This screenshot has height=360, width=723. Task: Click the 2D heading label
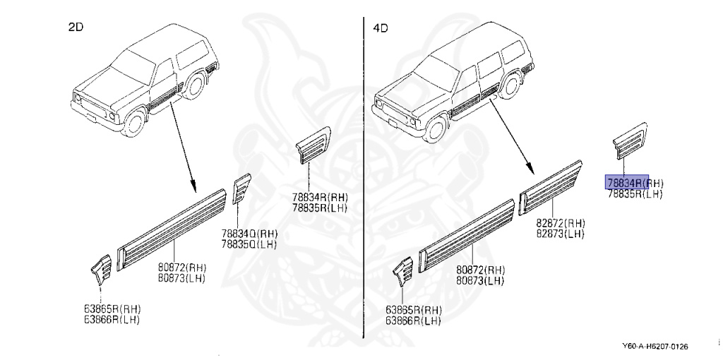coord(76,28)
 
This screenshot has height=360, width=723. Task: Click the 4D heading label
coord(380,28)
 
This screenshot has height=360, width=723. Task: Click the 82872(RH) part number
coord(560,222)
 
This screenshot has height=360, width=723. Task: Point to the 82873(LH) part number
coord(560,233)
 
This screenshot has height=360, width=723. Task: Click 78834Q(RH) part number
coord(249,234)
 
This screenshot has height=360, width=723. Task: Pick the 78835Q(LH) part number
coord(249,244)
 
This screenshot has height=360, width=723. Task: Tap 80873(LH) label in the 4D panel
coord(480,280)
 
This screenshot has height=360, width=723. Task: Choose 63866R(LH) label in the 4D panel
coord(413,320)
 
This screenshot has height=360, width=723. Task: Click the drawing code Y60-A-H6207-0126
coord(655,347)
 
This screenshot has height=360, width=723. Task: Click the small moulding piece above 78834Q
coord(241,187)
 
